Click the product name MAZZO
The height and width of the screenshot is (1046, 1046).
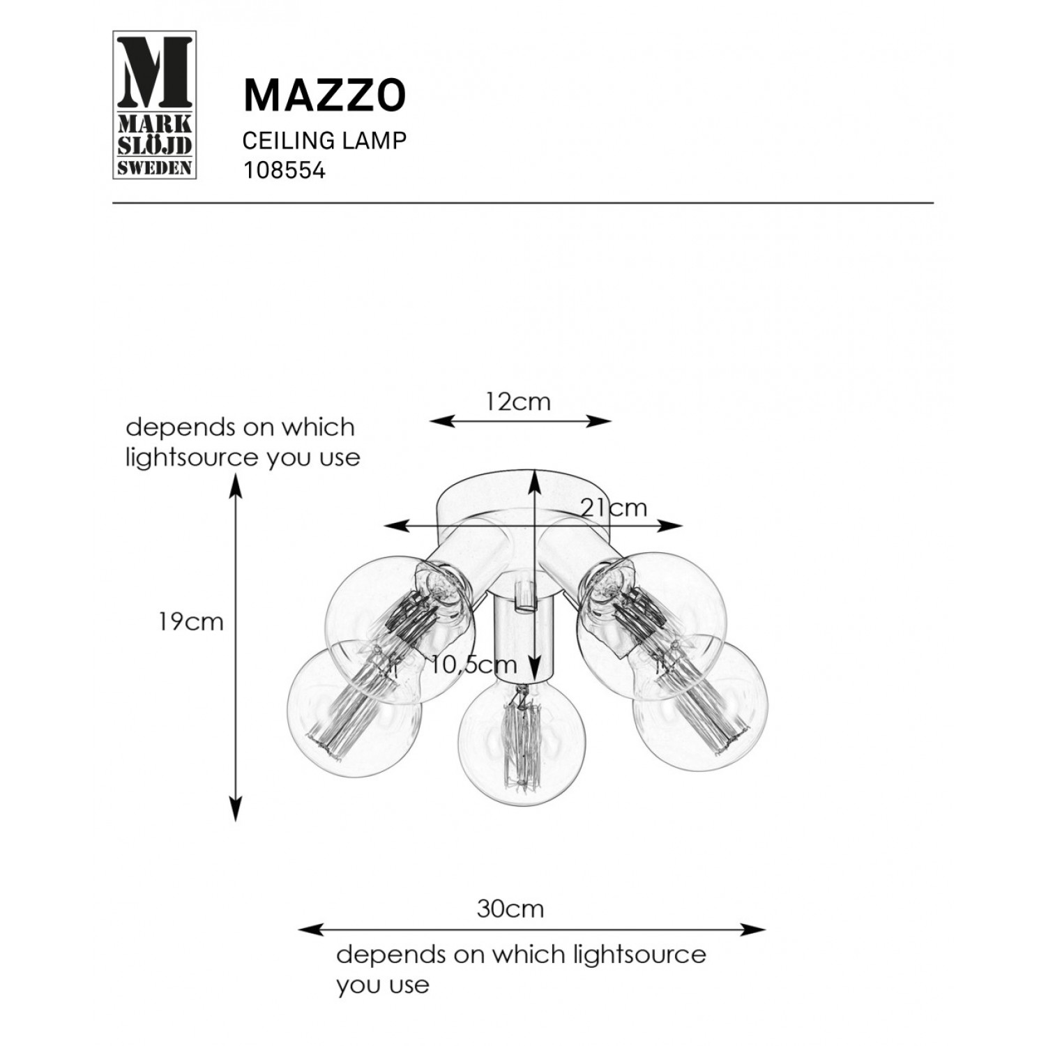(324, 96)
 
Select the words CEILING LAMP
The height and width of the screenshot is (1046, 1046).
(324, 140)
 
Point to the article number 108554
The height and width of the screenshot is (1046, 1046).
(284, 171)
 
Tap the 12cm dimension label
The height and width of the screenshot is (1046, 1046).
(519, 402)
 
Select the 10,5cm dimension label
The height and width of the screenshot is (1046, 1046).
(473, 665)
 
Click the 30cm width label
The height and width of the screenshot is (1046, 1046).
(510, 909)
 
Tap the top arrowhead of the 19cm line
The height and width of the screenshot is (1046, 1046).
(236, 487)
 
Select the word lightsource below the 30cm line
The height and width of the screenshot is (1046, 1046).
(638, 953)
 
